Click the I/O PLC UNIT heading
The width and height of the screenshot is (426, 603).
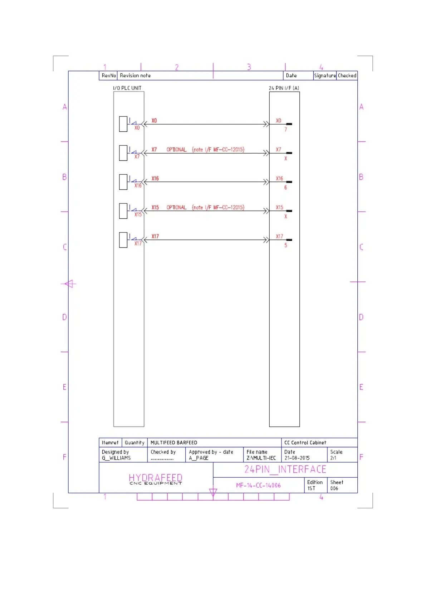click(127, 88)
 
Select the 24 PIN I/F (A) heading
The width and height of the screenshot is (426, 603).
click(284, 88)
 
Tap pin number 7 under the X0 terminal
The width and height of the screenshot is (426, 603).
click(285, 130)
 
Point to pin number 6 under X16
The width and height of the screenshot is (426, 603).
click(285, 188)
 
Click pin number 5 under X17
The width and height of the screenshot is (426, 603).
click(285, 245)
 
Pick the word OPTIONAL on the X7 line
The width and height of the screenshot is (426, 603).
click(176, 150)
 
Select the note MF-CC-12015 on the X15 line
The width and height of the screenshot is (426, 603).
click(218, 208)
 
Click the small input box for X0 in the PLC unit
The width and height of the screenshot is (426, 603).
click(123, 124)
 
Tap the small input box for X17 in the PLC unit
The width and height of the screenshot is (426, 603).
click(123, 240)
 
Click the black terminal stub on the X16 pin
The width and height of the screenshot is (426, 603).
click(289, 182)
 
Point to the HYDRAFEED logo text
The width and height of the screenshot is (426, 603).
click(155, 478)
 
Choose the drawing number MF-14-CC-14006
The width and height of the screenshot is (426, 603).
click(258, 486)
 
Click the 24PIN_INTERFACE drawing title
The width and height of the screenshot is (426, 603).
click(285, 469)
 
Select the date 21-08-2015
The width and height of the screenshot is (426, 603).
click(297, 458)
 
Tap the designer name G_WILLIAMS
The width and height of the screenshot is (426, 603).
click(116, 458)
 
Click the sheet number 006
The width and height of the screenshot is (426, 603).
click(334, 488)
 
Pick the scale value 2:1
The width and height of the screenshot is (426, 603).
click(333, 458)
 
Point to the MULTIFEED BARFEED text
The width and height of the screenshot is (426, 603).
click(173, 443)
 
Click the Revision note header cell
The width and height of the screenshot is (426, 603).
click(135, 76)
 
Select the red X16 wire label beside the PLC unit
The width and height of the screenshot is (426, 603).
click(155, 178)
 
